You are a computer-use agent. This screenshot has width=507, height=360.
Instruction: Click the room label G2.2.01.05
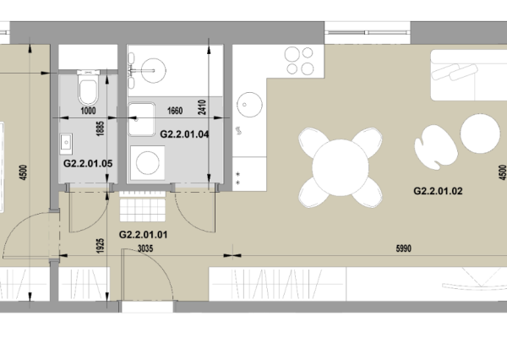pos(88,164)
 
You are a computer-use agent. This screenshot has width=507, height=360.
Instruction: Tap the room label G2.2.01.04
pos(184,134)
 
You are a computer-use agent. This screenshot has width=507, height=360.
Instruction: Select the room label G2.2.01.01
pos(144,235)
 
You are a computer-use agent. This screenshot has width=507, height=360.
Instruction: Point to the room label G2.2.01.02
pos(438,191)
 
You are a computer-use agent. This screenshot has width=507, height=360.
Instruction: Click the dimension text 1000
pos(88,111)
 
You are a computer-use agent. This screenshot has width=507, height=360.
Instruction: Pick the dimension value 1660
pos(175,111)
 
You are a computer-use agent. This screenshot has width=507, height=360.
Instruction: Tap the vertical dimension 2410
pos(202,107)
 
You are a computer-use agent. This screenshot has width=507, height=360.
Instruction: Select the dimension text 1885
pos(101,128)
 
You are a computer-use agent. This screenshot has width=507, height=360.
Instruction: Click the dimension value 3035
pos(145,248)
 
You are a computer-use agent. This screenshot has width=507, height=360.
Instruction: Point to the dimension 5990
pos(404,248)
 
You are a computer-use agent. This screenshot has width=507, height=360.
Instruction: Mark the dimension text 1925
pos(101,246)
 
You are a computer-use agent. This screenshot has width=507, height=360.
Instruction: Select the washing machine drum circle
pos(148,163)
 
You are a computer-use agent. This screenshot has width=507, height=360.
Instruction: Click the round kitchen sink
pos(249,105)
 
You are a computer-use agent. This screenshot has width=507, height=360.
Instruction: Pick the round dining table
pos(341,167)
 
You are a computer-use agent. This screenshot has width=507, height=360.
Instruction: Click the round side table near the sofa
pos(480,134)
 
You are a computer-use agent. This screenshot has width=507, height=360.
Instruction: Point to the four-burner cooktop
pos(299,61)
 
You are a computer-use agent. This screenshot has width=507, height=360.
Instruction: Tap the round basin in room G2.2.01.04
pos(153,70)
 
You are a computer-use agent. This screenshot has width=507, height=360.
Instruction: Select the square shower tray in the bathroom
pos(142,119)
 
